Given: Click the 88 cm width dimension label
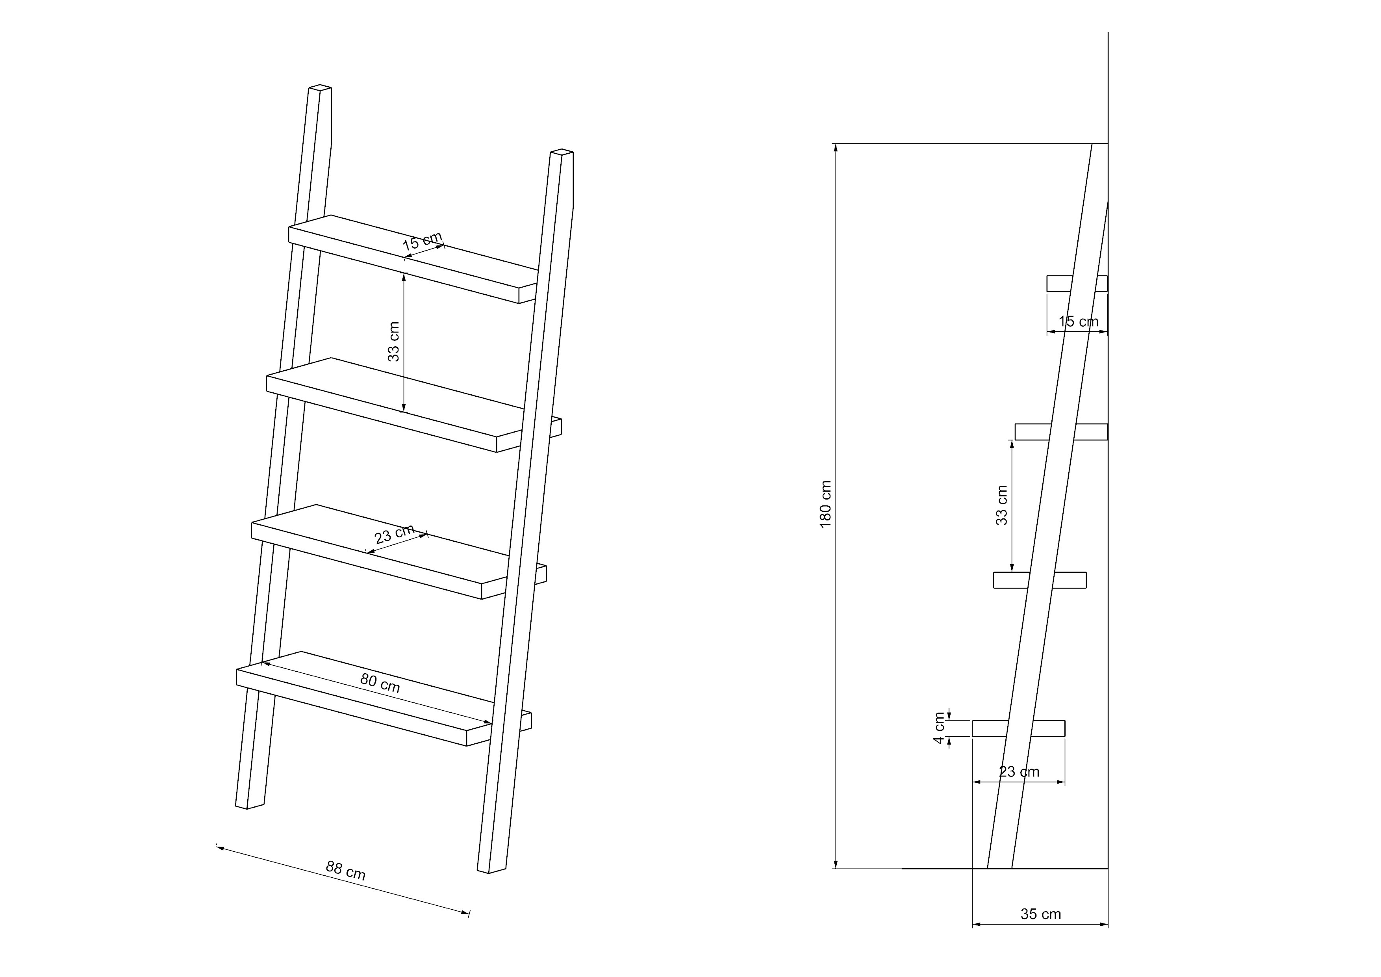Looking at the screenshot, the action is tap(346, 871).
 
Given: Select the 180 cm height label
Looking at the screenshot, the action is tap(825, 504).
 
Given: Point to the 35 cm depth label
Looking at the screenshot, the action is tap(1040, 914).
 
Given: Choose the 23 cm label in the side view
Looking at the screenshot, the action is tap(1019, 772).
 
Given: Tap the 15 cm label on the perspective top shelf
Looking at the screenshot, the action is tap(422, 241).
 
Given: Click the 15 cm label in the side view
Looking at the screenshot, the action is tap(1079, 321).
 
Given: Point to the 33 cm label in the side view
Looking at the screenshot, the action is tap(1001, 505).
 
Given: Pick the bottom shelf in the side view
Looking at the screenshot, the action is tap(1018, 728).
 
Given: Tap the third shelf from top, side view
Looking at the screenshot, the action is tap(1040, 580).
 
